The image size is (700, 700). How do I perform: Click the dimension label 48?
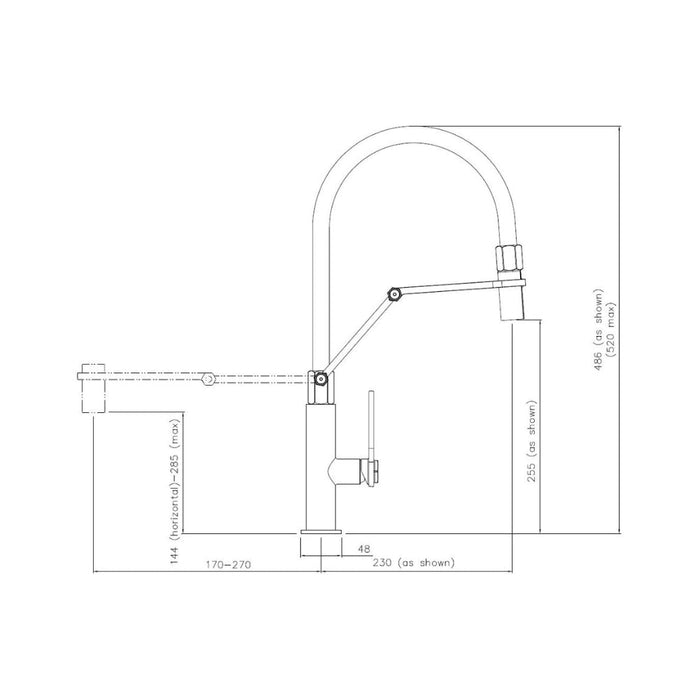pyautogui.click(x=364, y=549)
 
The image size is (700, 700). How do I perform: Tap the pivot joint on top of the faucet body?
pyautogui.click(x=321, y=379)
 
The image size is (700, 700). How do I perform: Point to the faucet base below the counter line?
pyautogui.click(x=320, y=545)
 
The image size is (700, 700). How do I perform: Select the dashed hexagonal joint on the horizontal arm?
pyautogui.click(x=207, y=379)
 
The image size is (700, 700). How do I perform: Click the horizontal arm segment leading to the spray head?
pyautogui.click(x=450, y=288)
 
